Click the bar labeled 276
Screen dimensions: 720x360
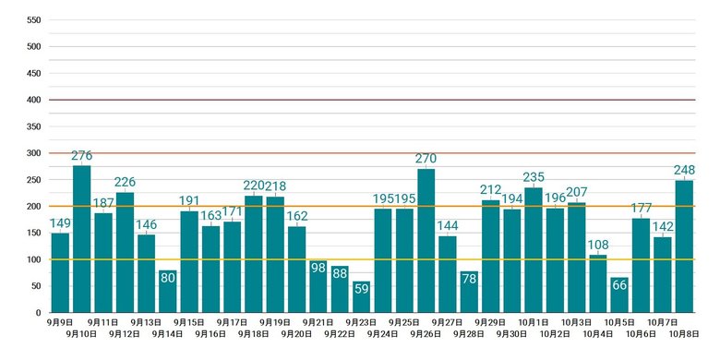pos(82,239)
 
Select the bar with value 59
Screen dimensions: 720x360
pos(361,297)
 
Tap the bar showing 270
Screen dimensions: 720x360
pos(426,241)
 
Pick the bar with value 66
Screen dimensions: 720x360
pos(619,295)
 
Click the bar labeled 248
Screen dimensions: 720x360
pos(684,246)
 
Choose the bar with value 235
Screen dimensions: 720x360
pos(534,250)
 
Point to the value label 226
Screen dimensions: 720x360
pos(125,182)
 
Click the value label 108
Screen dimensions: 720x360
pos(598,245)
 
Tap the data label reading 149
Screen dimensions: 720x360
pos(60,223)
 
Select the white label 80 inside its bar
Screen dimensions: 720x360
pos(168,278)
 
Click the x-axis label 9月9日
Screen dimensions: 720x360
pos(60,322)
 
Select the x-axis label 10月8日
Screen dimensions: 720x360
pos(684,335)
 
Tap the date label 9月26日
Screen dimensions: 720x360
pos(426,335)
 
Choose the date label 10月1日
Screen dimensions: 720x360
pos(534,322)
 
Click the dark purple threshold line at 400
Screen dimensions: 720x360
pos(372,100)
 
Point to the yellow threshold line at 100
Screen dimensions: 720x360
pos(372,259)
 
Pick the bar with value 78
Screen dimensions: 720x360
pos(469,292)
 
